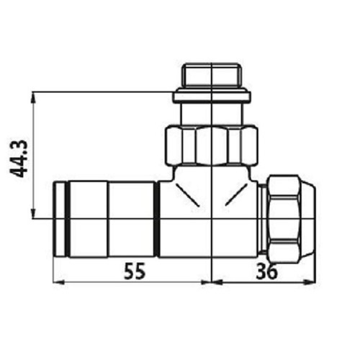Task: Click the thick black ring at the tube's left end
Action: point(67,217)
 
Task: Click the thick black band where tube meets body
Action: point(157,217)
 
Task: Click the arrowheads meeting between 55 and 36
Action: point(210,282)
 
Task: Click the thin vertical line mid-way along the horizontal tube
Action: point(109,217)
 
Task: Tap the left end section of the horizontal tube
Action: point(59,217)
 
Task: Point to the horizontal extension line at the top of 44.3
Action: point(101,92)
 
